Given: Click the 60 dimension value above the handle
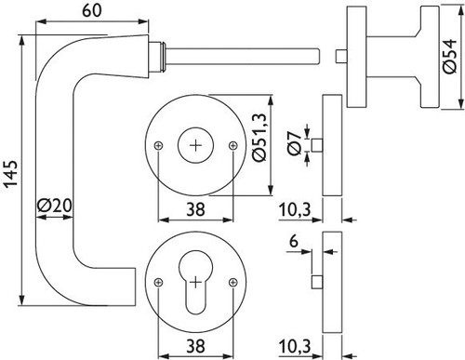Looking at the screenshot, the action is [x=92, y=11].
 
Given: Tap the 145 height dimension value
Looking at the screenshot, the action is [x=13, y=174].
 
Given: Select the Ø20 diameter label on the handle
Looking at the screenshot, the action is [x=55, y=205].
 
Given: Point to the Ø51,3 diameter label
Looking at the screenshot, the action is [x=259, y=138].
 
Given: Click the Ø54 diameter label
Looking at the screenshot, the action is [x=449, y=56].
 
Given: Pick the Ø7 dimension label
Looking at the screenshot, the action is [x=294, y=143].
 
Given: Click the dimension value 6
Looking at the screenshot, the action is [x=294, y=241].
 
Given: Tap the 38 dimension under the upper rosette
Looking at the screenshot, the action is [x=195, y=209].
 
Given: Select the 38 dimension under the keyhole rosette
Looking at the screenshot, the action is [x=195, y=346].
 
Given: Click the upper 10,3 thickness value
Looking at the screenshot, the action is [x=295, y=210].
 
